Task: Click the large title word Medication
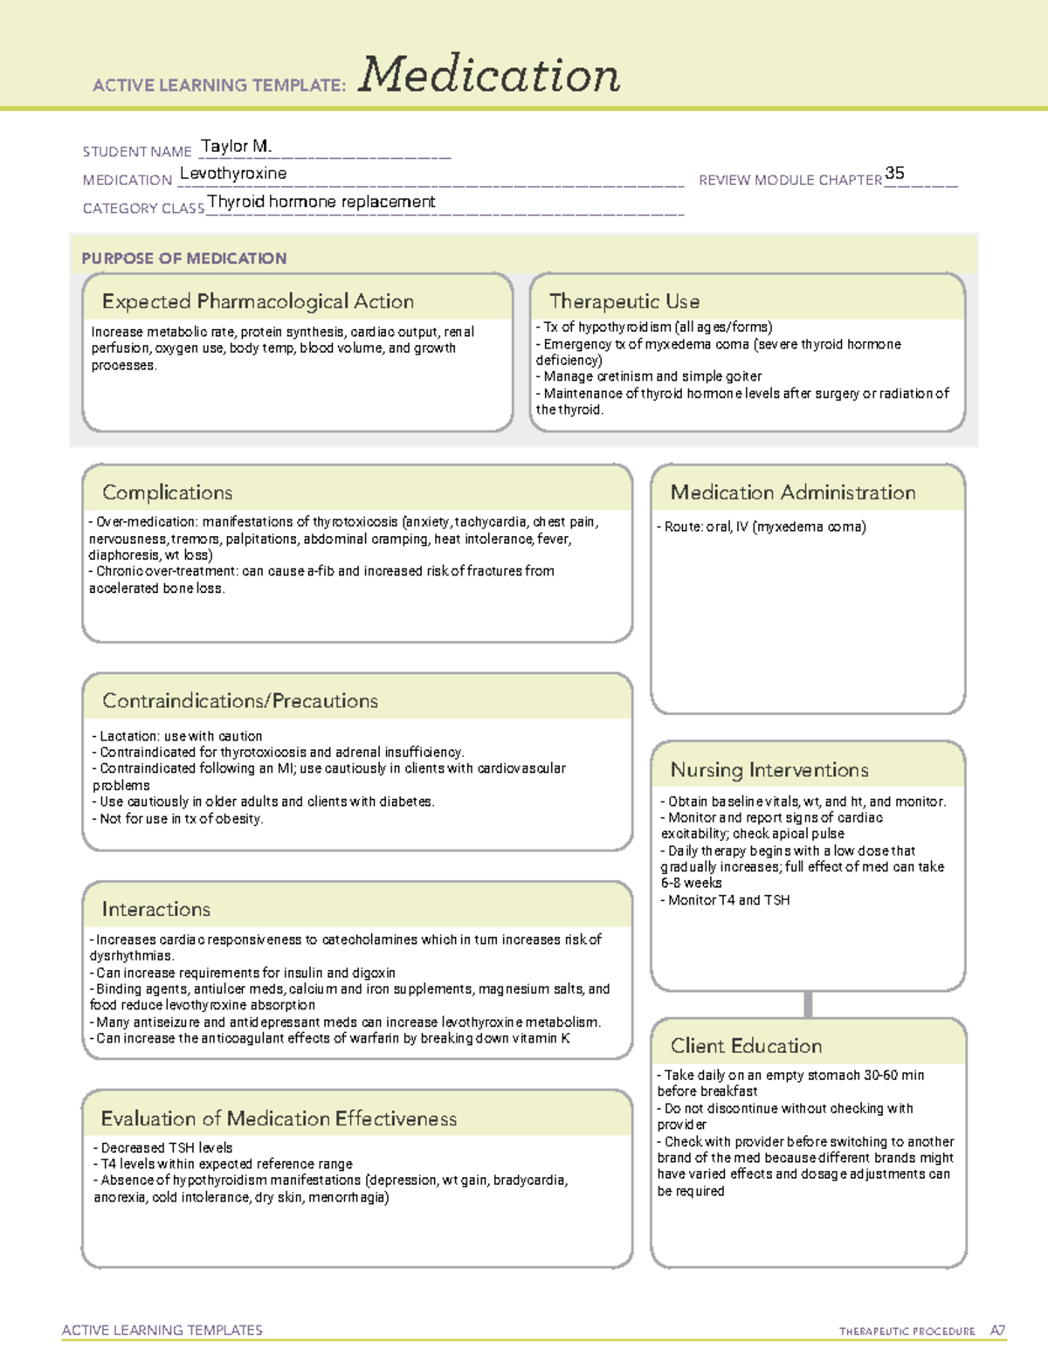(488, 75)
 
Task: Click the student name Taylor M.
(236, 146)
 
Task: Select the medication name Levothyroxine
(233, 174)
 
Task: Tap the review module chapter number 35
(894, 173)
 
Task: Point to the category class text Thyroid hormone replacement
(321, 202)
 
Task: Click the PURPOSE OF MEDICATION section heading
(184, 258)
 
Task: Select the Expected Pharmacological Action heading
(258, 301)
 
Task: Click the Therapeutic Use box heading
(624, 301)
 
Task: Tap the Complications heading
(167, 492)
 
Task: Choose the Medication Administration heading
(792, 492)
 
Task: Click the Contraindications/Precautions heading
(240, 701)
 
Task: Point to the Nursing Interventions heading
(769, 770)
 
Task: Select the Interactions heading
(155, 910)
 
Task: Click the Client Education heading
(746, 1046)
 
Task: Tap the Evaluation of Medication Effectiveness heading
(279, 1119)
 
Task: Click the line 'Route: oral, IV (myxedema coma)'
(762, 527)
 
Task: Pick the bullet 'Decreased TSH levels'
(163, 1148)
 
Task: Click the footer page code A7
(996, 1331)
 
